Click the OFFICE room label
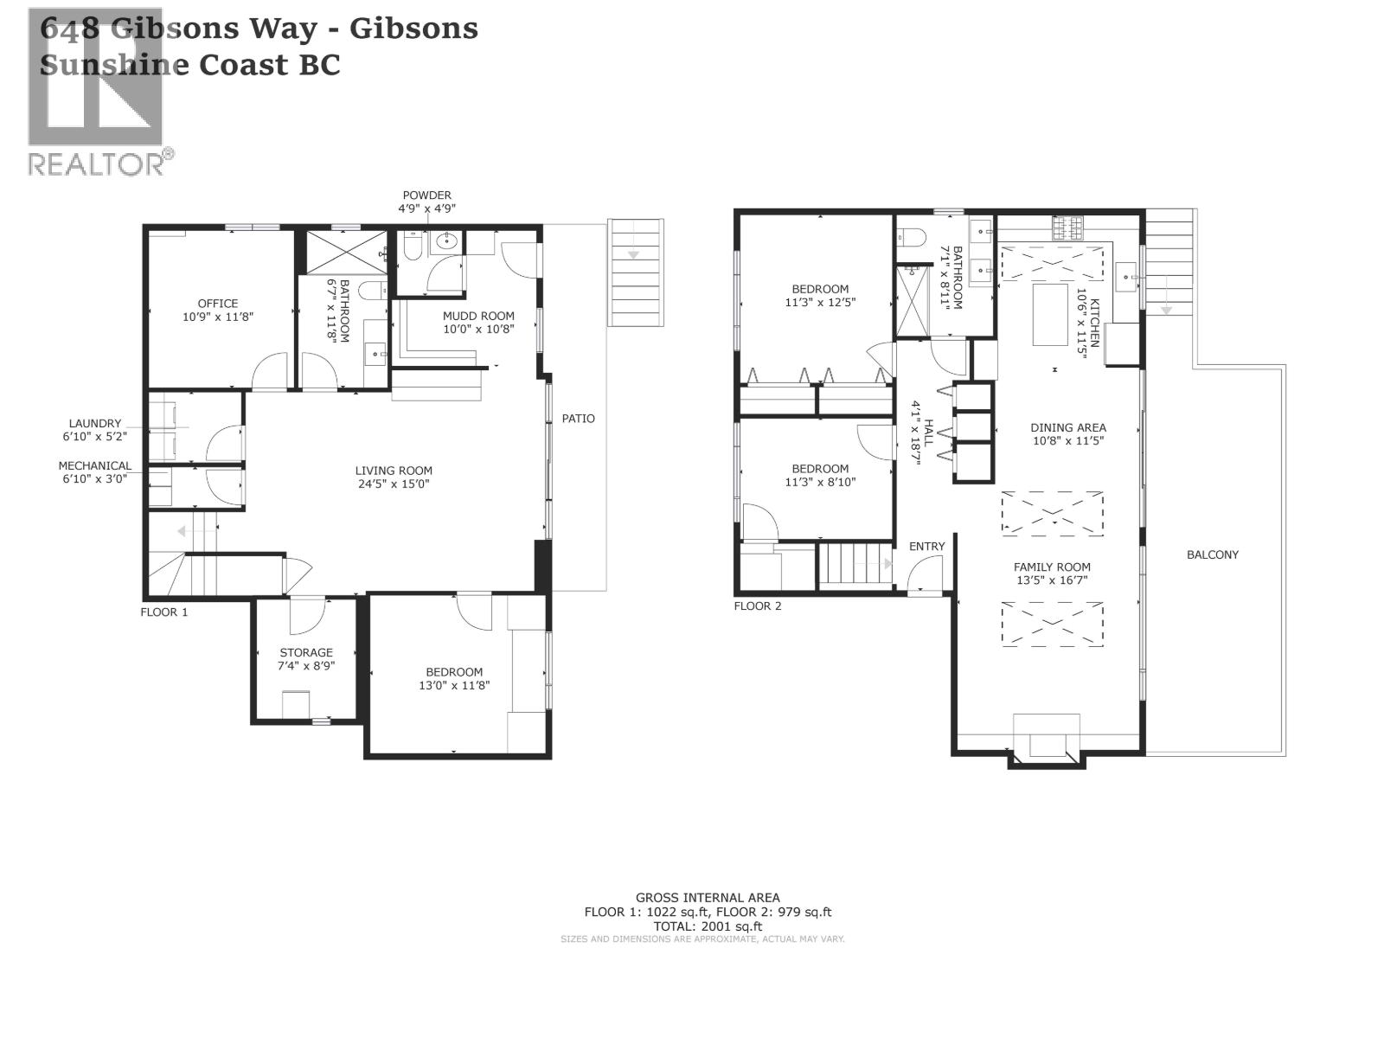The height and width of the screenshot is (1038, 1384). pos(218,304)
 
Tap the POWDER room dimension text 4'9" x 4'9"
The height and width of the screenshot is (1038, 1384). pos(426,208)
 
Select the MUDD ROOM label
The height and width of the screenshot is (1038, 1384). pos(478,316)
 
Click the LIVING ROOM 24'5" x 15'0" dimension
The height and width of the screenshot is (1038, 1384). pos(393,484)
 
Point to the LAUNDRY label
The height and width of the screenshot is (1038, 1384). pos(95,424)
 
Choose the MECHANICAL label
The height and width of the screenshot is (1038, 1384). pos(95,465)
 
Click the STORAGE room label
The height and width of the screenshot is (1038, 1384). pos(306,653)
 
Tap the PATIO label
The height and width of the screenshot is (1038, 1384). pos(579,419)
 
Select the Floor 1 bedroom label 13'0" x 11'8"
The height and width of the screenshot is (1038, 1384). pos(454,685)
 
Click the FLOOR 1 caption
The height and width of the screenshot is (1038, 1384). pos(164,612)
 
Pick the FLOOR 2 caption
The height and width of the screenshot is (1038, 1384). pos(758,606)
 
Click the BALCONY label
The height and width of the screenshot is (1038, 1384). pos(1213,555)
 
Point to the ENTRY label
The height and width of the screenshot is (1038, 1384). pos(927,547)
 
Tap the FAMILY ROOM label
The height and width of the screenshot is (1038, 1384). pos(1052,567)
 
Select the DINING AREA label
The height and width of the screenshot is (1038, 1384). pos(1068,427)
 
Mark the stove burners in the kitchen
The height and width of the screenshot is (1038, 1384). pos(1067,227)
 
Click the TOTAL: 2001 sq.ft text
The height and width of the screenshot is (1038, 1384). pos(708,926)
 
